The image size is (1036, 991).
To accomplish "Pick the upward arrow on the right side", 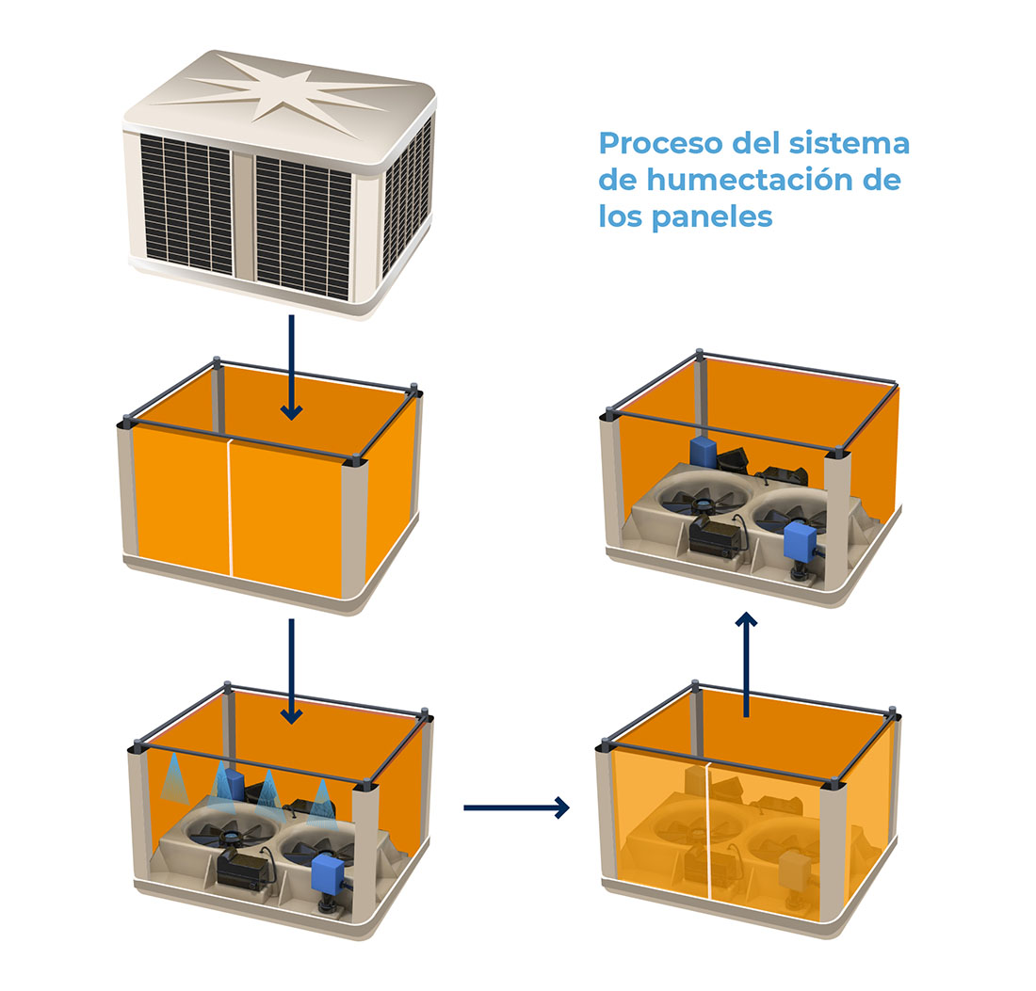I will (747, 663).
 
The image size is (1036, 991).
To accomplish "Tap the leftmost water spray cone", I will (173, 778).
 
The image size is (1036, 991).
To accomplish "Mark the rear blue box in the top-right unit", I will (704, 451).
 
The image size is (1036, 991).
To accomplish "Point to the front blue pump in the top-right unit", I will (801, 539).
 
